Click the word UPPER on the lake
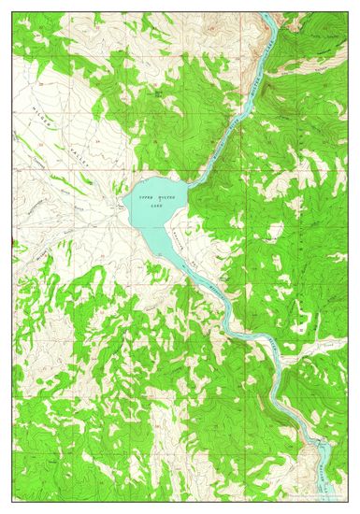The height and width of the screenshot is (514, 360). (x=146, y=199)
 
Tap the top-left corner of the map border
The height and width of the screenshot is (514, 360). (x=13, y=14)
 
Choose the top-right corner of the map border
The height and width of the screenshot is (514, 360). (x=347, y=14)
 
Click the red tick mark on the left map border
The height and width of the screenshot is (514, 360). (x=12, y=245)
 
